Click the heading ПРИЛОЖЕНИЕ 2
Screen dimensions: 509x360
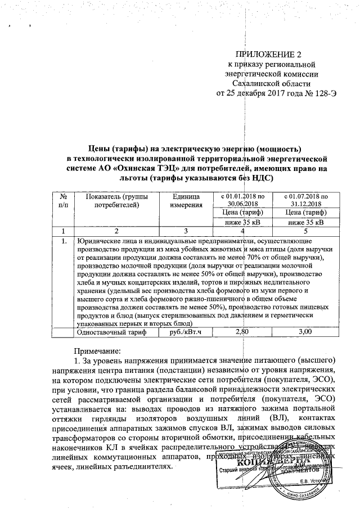268,55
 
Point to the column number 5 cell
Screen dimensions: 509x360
304,231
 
